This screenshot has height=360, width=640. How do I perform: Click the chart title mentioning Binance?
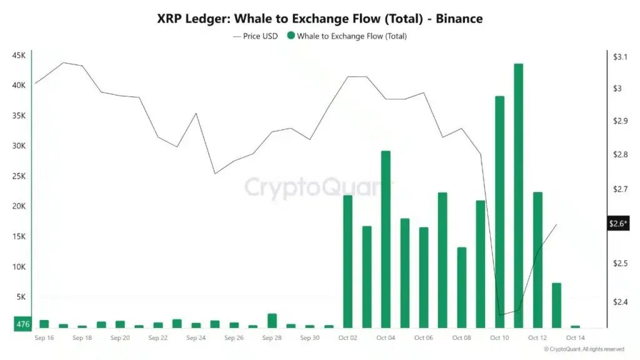[x=319, y=19]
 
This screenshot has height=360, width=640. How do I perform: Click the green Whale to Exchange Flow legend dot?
[x=291, y=36]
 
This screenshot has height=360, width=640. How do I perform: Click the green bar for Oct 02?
[x=348, y=261]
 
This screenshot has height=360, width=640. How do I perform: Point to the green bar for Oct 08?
[x=462, y=287]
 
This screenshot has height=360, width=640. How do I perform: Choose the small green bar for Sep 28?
[x=272, y=321]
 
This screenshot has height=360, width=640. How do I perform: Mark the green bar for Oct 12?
[x=537, y=259]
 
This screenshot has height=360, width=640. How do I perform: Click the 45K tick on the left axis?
[x=19, y=56]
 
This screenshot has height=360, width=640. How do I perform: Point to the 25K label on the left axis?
[x=19, y=176]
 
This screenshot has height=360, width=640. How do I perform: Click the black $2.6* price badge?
[x=619, y=224]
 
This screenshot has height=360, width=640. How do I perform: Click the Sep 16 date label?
[x=44, y=338]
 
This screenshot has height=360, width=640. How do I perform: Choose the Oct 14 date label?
[x=575, y=338]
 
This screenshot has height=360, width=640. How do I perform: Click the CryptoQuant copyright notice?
[x=584, y=349]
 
